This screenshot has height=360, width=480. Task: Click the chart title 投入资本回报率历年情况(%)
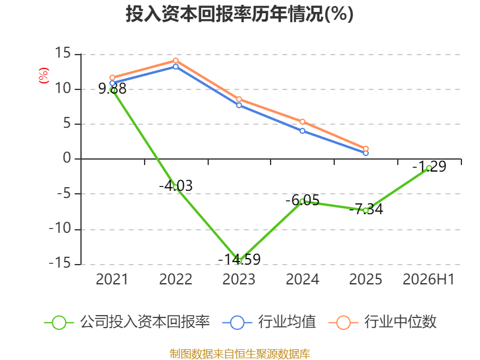click(x=239, y=14)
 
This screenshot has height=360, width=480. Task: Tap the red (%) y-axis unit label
click(x=43, y=76)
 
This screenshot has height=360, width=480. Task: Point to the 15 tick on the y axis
click(x=63, y=53)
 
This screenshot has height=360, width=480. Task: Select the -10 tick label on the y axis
click(x=60, y=229)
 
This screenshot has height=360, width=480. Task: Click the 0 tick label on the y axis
click(x=67, y=158)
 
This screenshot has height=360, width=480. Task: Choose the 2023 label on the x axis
click(x=239, y=279)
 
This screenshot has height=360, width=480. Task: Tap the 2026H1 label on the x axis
click(x=428, y=279)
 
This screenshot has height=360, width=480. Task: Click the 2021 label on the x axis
click(x=112, y=279)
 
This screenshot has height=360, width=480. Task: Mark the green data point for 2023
click(x=239, y=261)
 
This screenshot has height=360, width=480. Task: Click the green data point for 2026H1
click(x=429, y=168)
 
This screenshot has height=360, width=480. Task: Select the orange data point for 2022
click(x=176, y=61)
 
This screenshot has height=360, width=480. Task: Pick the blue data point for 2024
click(x=302, y=131)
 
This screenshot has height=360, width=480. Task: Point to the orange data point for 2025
click(x=365, y=149)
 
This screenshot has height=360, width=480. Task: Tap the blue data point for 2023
click(x=239, y=106)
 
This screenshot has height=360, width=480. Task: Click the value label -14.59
click(x=239, y=259)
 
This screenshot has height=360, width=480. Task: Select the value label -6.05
click(x=302, y=200)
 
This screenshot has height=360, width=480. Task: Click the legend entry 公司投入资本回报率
click(x=127, y=322)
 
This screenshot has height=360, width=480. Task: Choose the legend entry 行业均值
click(x=269, y=322)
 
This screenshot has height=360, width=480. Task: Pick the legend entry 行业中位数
click(x=382, y=322)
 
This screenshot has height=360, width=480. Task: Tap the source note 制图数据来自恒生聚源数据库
click(x=240, y=354)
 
